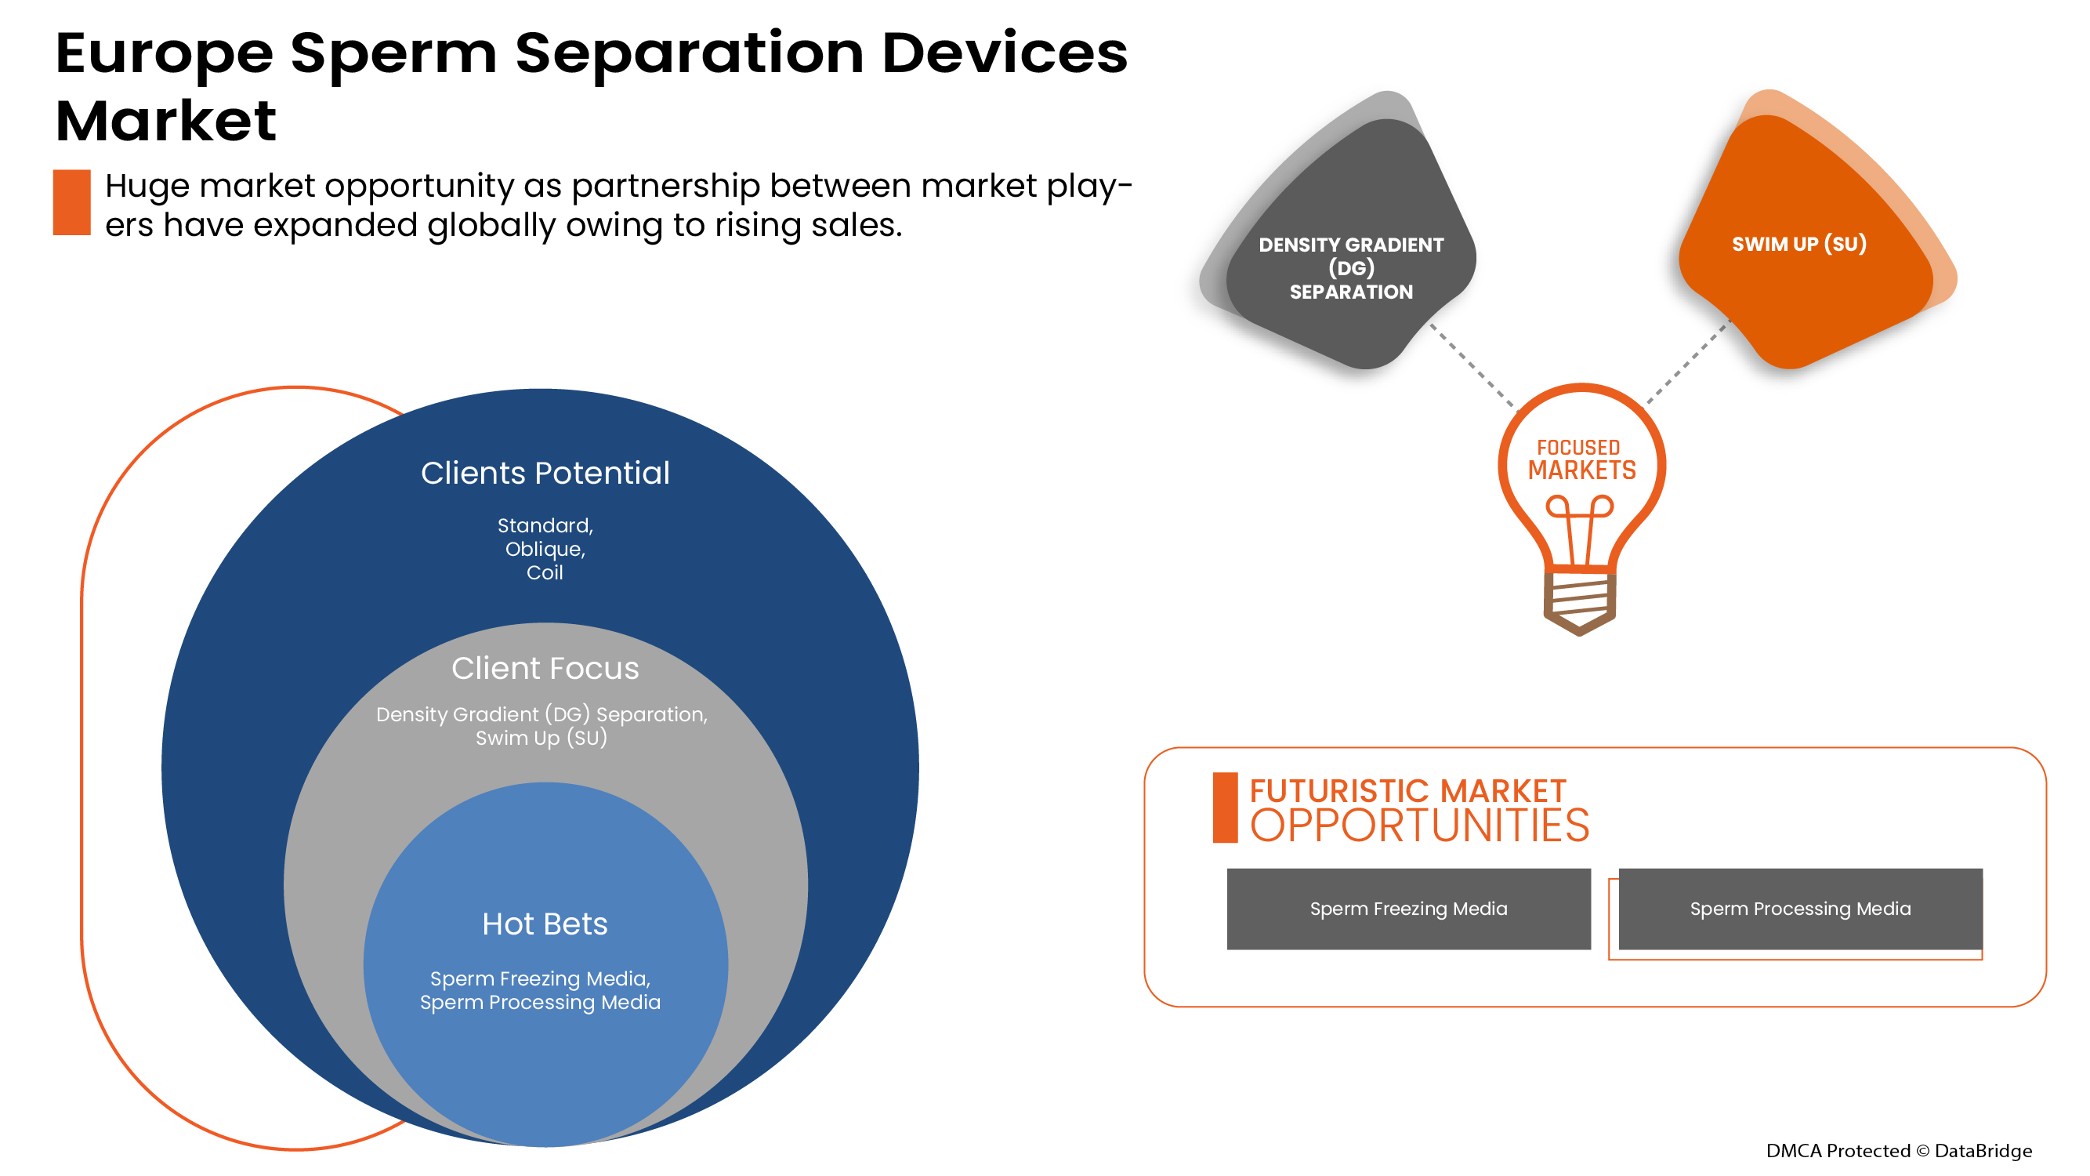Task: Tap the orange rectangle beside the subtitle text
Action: pyautogui.click(x=71, y=203)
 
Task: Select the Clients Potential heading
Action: pyautogui.click(x=545, y=474)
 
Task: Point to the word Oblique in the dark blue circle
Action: pyautogui.click(x=544, y=550)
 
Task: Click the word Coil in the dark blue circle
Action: pyautogui.click(x=545, y=573)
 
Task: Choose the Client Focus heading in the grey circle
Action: pyautogui.click(x=545, y=669)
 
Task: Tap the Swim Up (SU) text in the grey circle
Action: pyautogui.click(x=542, y=739)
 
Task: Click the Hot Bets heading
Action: pyautogui.click(x=545, y=924)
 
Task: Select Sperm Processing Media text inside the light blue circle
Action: pyautogui.click(x=541, y=1004)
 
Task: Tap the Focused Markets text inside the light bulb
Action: pyautogui.click(x=1581, y=460)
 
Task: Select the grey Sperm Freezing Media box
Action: pyautogui.click(x=1408, y=909)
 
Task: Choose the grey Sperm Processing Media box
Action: pyautogui.click(x=1800, y=909)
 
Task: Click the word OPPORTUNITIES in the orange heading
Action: pyautogui.click(x=1419, y=826)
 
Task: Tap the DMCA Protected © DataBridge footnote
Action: pyautogui.click(x=1899, y=1151)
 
